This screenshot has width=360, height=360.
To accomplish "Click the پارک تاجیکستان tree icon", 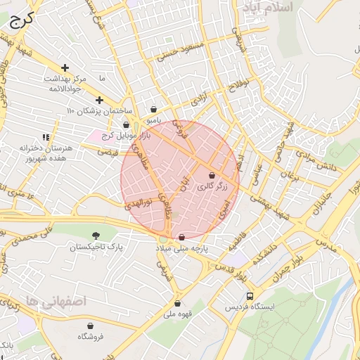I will click(96, 235).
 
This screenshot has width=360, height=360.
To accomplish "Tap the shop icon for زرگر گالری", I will click(212, 175).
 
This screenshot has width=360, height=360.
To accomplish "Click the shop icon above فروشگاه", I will click(91, 326).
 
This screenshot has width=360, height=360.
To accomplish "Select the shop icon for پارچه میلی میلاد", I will click(183, 237).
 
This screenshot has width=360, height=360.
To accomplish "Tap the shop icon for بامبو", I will click(153, 109).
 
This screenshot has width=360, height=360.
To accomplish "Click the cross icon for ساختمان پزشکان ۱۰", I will click(99, 100).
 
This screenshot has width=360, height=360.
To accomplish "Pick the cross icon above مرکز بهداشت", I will click(65, 67).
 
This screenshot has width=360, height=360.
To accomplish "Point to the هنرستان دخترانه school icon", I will click(46, 137).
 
